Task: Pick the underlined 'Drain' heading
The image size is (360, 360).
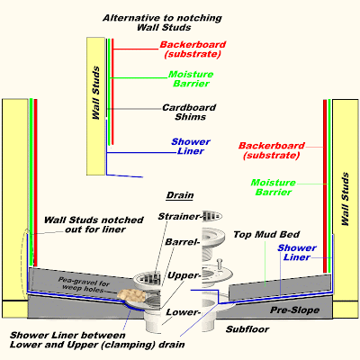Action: (180, 194)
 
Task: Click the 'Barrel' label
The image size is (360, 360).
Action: (179, 242)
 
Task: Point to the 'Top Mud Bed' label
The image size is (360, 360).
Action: (261, 233)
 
